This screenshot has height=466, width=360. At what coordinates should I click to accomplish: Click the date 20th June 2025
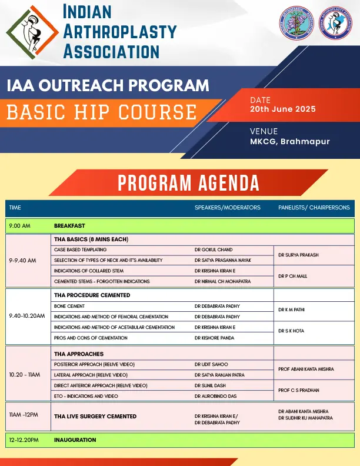click(282, 109)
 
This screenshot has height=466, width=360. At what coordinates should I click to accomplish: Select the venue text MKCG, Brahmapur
click(289, 141)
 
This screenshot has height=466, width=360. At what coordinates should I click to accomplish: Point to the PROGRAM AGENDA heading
click(188, 183)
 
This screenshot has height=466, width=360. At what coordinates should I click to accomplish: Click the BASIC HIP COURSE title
click(102, 111)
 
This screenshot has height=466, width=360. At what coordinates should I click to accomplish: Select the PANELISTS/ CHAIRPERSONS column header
click(314, 208)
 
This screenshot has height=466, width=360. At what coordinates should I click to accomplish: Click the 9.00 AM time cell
click(19, 225)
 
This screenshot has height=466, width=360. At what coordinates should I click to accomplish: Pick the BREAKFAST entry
click(69, 225)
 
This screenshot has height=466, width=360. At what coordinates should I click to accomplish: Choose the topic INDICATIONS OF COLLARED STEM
click(89, 271)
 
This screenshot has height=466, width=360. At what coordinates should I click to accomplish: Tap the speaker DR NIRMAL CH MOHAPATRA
click(225, 281)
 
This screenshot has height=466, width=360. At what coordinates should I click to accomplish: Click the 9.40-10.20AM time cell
click(27, 316)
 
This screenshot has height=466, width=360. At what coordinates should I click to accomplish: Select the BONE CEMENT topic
click(69, 306)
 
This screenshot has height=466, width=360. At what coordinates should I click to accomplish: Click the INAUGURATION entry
click(75, 440)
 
